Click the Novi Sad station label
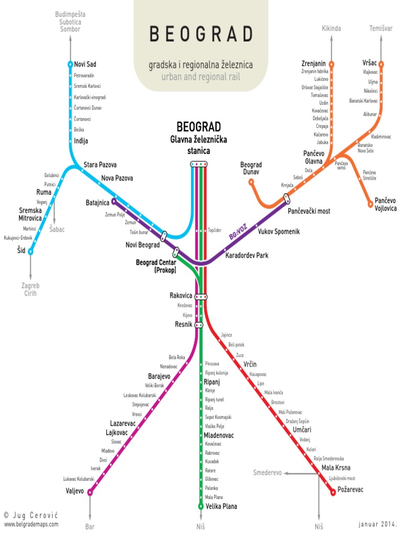pos(85,65)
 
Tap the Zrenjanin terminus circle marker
pos(331,64)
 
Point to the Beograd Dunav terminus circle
pos(251,182)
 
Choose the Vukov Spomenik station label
pos(279,232)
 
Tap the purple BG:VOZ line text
pos(238,233)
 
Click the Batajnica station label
pos(97,202)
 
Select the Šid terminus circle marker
pos(30,252)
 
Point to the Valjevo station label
pos(74,491)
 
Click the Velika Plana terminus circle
pos(200,506)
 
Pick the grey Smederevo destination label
pos(267,472)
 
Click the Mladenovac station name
pos(219,436)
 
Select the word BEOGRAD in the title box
pos(201,35)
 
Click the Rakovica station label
pos(181,296)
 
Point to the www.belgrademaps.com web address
pos(31,524)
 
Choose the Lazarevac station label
pos(123,423)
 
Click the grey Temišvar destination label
pos(381,28)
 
